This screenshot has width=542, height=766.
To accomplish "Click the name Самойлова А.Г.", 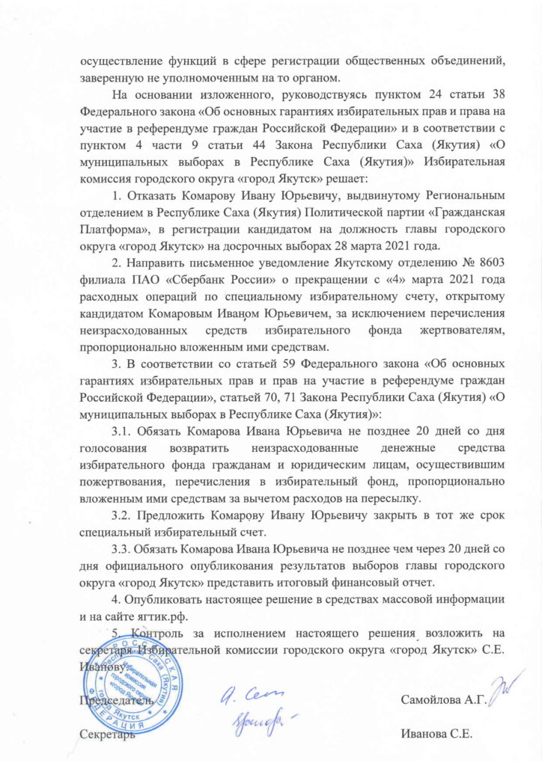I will point(444,701).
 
